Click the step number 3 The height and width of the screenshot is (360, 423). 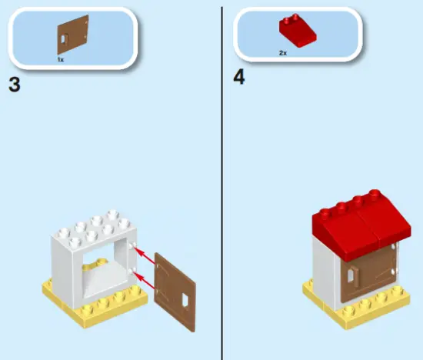click(14, 84)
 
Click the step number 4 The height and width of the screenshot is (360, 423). click(240, 78)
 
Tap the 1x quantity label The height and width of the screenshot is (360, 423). click(60, 58)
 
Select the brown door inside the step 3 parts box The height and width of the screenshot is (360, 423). click(71, 37)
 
